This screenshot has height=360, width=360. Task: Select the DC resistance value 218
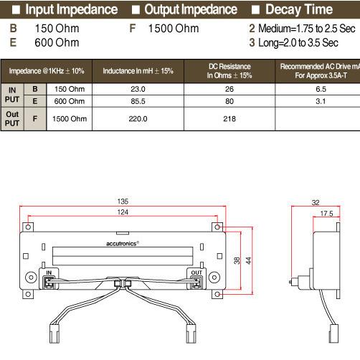229,119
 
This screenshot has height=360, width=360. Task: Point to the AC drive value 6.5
321,89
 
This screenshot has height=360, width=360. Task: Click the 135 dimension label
123,201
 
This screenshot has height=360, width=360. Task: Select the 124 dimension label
123,213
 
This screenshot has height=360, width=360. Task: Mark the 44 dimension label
247,260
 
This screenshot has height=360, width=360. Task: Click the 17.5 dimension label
327,213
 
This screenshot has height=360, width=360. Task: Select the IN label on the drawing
49,273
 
